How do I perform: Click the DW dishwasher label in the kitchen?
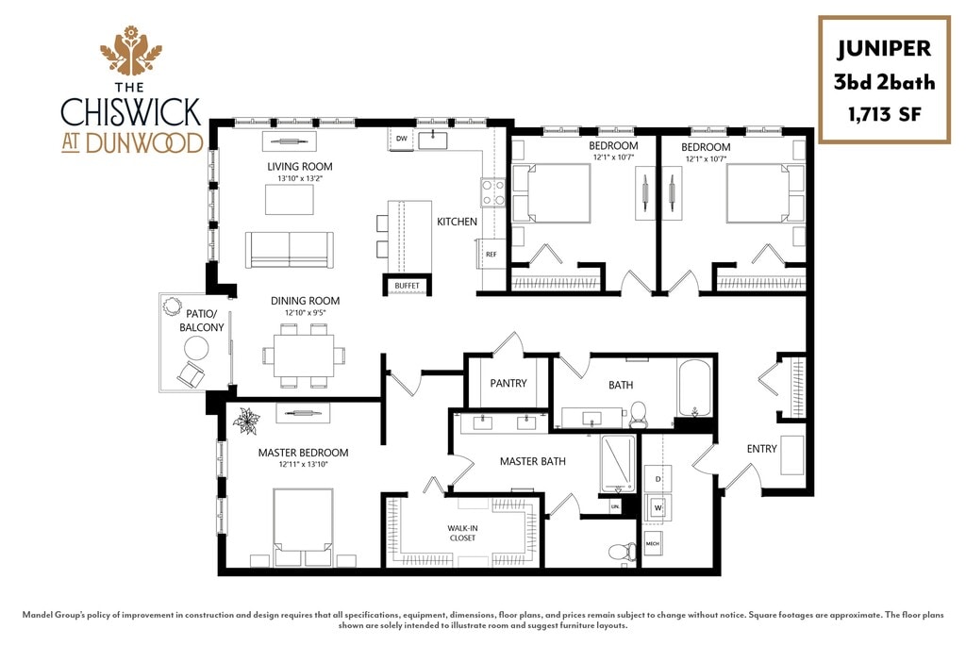(401, 139)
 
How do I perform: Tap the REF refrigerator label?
(491, 254)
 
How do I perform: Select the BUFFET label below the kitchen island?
(407, 286)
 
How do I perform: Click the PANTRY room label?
(508, 383)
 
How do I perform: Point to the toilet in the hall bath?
(639, 415)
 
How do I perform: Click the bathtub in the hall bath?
(694, 389)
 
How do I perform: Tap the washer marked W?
(658, 507)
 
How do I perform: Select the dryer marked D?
(658, 479)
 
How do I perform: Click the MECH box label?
(653, 544)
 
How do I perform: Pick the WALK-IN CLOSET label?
(462, 533)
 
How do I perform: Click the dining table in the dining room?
(305, 356)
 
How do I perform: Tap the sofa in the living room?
(290, 250)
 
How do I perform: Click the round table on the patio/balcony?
(196, 349)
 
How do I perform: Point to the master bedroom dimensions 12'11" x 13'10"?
(303, 465)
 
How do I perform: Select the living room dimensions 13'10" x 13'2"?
(300, 178)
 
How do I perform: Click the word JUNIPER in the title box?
(884, 49)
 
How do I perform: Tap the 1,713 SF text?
(885, 115)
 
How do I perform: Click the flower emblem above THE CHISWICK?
(130, 49)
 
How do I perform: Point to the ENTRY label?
(761, 449)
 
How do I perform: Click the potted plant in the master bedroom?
(246, 421)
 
